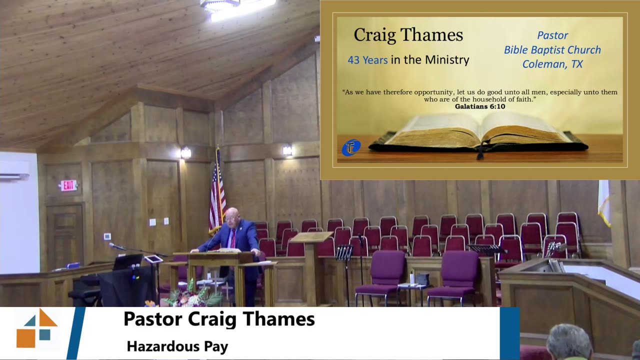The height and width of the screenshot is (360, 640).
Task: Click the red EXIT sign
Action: pyautogui.click(x=68, y=185)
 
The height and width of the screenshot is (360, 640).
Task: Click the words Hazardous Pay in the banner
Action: pyautogui.click(x=177, y=346)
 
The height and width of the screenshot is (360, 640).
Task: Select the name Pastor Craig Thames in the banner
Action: pyautogui.click(x=219, y=319)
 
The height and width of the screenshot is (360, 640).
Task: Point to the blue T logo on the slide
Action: pyautogui.click(x=351, y=147)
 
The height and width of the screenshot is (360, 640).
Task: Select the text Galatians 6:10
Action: pyautogui.click(x=479, y=106)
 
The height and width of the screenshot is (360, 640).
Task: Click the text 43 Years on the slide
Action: pyautogui.click(x=367, y=60)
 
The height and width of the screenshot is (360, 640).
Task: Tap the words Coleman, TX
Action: pyautogui.click(x=552, y=64)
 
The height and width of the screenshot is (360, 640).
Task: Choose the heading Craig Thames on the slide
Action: pyautogui.click(x=408, y=35)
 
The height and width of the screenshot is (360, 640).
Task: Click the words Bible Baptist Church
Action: pyautogui.click(x=552, y=50)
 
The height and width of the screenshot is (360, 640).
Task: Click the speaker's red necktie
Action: pyautogui.click(x=233, y=239)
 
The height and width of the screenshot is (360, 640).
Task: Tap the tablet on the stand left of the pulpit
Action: pyautogui.click(x=153, y=259)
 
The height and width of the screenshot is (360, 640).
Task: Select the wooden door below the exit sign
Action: pyautogui.click(x=64, y=235)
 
